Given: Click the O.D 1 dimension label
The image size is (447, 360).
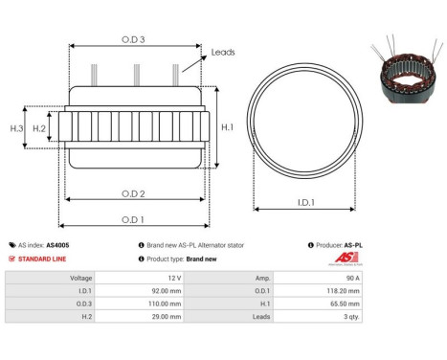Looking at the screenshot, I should coord(133,219).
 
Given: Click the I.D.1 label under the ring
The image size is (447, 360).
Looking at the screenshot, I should coord(306,202).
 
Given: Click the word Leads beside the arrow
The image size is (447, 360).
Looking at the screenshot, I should coord(223,54).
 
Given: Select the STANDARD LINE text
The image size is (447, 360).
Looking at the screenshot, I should coord(41,259).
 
